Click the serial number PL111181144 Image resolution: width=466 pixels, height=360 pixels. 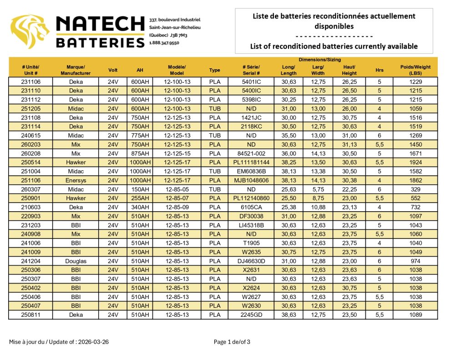(x=251, y=162)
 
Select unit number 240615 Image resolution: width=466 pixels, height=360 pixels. (x=30, y=136)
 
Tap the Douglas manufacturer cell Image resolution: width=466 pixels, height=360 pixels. (x=76, y=261)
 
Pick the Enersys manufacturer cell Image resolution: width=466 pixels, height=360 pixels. (x=76, y=180)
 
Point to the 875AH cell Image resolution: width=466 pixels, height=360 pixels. (x=140, y=153)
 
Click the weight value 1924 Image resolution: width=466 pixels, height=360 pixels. (x=415, y=162)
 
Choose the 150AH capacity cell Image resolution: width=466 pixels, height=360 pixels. (x=140, y=189)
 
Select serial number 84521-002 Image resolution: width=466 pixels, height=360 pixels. (x=251, y=153)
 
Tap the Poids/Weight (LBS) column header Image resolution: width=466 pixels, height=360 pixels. (x=415, y=70)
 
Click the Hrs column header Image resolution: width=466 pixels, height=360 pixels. (x=379, y=70)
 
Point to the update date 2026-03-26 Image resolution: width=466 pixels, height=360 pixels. (x=93, y=342)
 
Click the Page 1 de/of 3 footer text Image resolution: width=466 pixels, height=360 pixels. (x=232, y=342)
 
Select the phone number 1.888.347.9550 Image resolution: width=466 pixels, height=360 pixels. (x=164, y=43)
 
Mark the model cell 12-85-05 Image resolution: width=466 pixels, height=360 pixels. (x=177, y=189)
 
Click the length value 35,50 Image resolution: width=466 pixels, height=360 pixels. (x=289, y=136)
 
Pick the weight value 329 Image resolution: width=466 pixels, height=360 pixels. (x=415, y=189)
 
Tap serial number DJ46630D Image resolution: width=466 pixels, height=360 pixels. (x=251, y=261)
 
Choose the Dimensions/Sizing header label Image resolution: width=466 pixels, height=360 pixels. (x=319, y=60)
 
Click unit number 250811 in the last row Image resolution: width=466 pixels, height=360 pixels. (x=30, y=315)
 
